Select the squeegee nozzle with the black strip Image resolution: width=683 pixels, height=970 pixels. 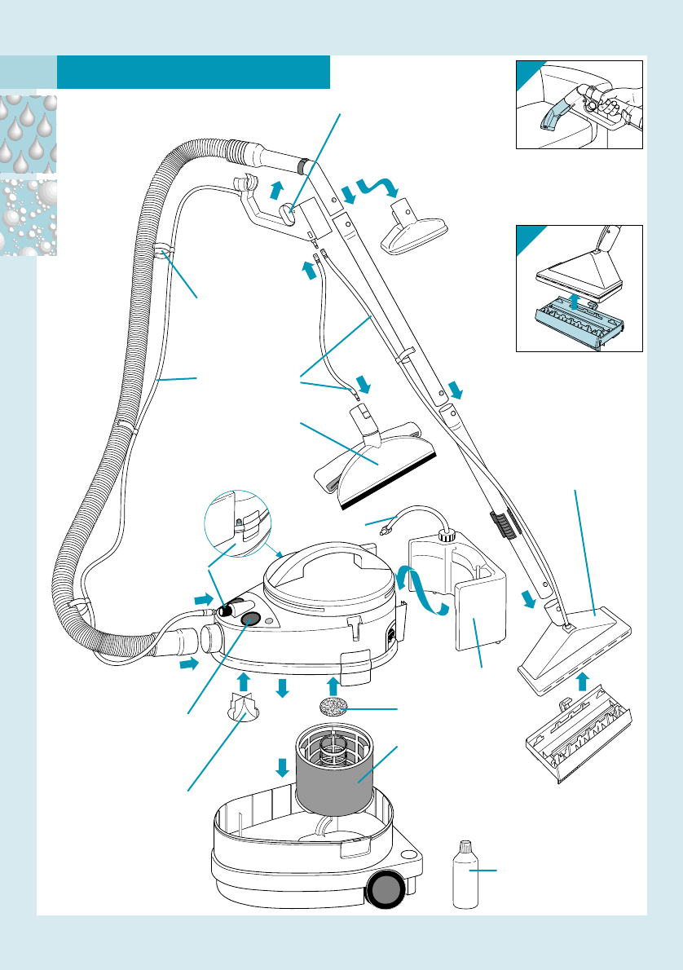(376, 465)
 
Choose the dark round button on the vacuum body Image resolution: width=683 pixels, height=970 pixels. (251, 619)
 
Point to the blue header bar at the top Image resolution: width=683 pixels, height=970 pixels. (193, 72)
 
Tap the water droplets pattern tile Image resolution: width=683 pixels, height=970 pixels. (29, 133)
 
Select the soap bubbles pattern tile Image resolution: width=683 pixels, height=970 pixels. (29, 216)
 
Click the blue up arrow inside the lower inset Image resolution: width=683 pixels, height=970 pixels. (576, 304)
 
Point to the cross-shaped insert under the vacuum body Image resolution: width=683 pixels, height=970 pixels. (242, 708)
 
